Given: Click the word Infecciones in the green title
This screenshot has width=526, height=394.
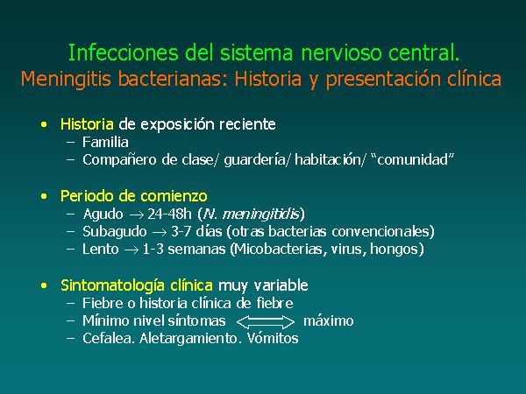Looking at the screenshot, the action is click(123, 53).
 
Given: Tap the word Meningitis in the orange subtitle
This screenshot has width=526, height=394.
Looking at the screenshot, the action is click(66, 80).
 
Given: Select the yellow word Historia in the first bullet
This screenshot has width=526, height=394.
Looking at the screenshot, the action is click(87, 124).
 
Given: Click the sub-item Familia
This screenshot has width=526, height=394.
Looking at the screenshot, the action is click(105, 143).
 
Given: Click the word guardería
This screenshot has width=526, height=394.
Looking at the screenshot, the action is click(254, 160).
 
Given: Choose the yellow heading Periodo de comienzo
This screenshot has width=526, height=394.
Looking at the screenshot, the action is click(134, 196).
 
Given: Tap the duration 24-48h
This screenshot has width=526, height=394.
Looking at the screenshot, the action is click(169, 214).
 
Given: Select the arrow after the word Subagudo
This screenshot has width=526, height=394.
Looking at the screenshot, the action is click(159, 232).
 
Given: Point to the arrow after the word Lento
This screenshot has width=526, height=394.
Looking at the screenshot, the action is click(131, 250).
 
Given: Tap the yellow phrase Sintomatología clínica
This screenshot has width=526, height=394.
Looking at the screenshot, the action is click(137, 285).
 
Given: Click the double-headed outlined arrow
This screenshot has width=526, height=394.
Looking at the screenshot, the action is click(266, 322).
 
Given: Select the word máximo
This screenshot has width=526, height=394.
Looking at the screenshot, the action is click(329, 321).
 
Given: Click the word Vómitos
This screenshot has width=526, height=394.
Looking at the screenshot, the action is click(273, 338).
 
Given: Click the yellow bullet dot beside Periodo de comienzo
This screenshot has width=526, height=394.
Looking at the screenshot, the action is click(44, 196).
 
